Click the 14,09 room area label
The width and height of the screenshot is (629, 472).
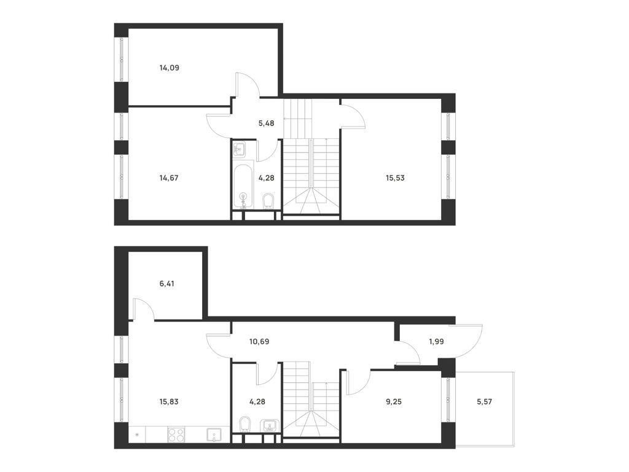click(x=169, y=68)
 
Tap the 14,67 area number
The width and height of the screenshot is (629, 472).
click(x=169, y=178)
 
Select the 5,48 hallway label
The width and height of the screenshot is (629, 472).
click(x=266, y=123)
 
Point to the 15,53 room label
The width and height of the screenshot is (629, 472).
click(x=395, y=178)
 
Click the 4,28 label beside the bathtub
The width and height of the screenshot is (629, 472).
click(x=266, y=178)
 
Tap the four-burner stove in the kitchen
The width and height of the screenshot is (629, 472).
click(x=176, y=435)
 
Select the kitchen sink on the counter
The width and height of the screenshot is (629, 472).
click(x=214, y=435)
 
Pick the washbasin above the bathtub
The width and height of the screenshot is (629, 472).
click(x=240, y=149)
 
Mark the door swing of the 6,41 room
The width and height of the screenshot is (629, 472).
click(x=143, y=309)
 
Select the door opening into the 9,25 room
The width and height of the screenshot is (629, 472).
click(x=357, y=381)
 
